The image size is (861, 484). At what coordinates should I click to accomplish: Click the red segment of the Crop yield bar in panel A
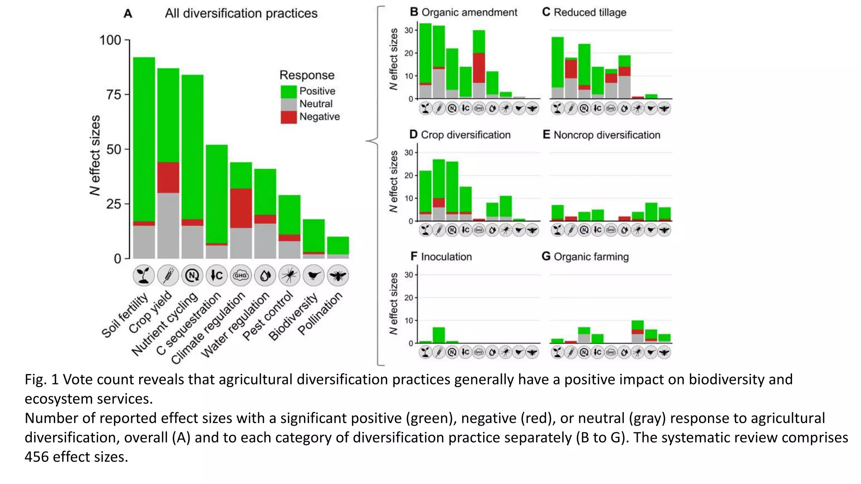[x=168, y=177]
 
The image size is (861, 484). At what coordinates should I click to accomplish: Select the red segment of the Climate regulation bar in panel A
[x=241, y=208]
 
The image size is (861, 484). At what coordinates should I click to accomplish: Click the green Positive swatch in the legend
[x=288, y=92]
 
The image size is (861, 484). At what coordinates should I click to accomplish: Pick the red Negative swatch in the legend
[x=288, y=117]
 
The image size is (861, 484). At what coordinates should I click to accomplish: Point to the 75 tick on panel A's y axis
[x=114, y=95]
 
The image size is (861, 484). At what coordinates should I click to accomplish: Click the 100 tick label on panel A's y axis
[x=110, y=40]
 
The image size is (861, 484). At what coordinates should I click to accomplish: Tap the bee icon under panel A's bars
[x=338, y=276]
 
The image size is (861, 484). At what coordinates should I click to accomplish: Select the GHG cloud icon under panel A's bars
[x=241, y=276]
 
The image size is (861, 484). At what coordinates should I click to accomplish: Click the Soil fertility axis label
[x=125, y=315]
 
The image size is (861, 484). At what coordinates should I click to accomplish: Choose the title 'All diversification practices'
[x=241, y=13]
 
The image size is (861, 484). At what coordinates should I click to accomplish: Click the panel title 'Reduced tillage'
[x=590, y=13]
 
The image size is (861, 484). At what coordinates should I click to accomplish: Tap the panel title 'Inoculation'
[x=446, y=257]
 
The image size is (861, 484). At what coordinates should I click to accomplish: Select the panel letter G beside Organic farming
[x=546, y=256]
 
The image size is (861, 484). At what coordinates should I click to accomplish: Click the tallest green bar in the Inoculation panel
[x=438, y=335]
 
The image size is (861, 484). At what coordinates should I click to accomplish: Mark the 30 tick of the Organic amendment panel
[x=409, y=30]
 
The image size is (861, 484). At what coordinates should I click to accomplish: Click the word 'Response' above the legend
[x=307, y=75]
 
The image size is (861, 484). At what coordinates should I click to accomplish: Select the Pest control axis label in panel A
[x=268, y=316]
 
